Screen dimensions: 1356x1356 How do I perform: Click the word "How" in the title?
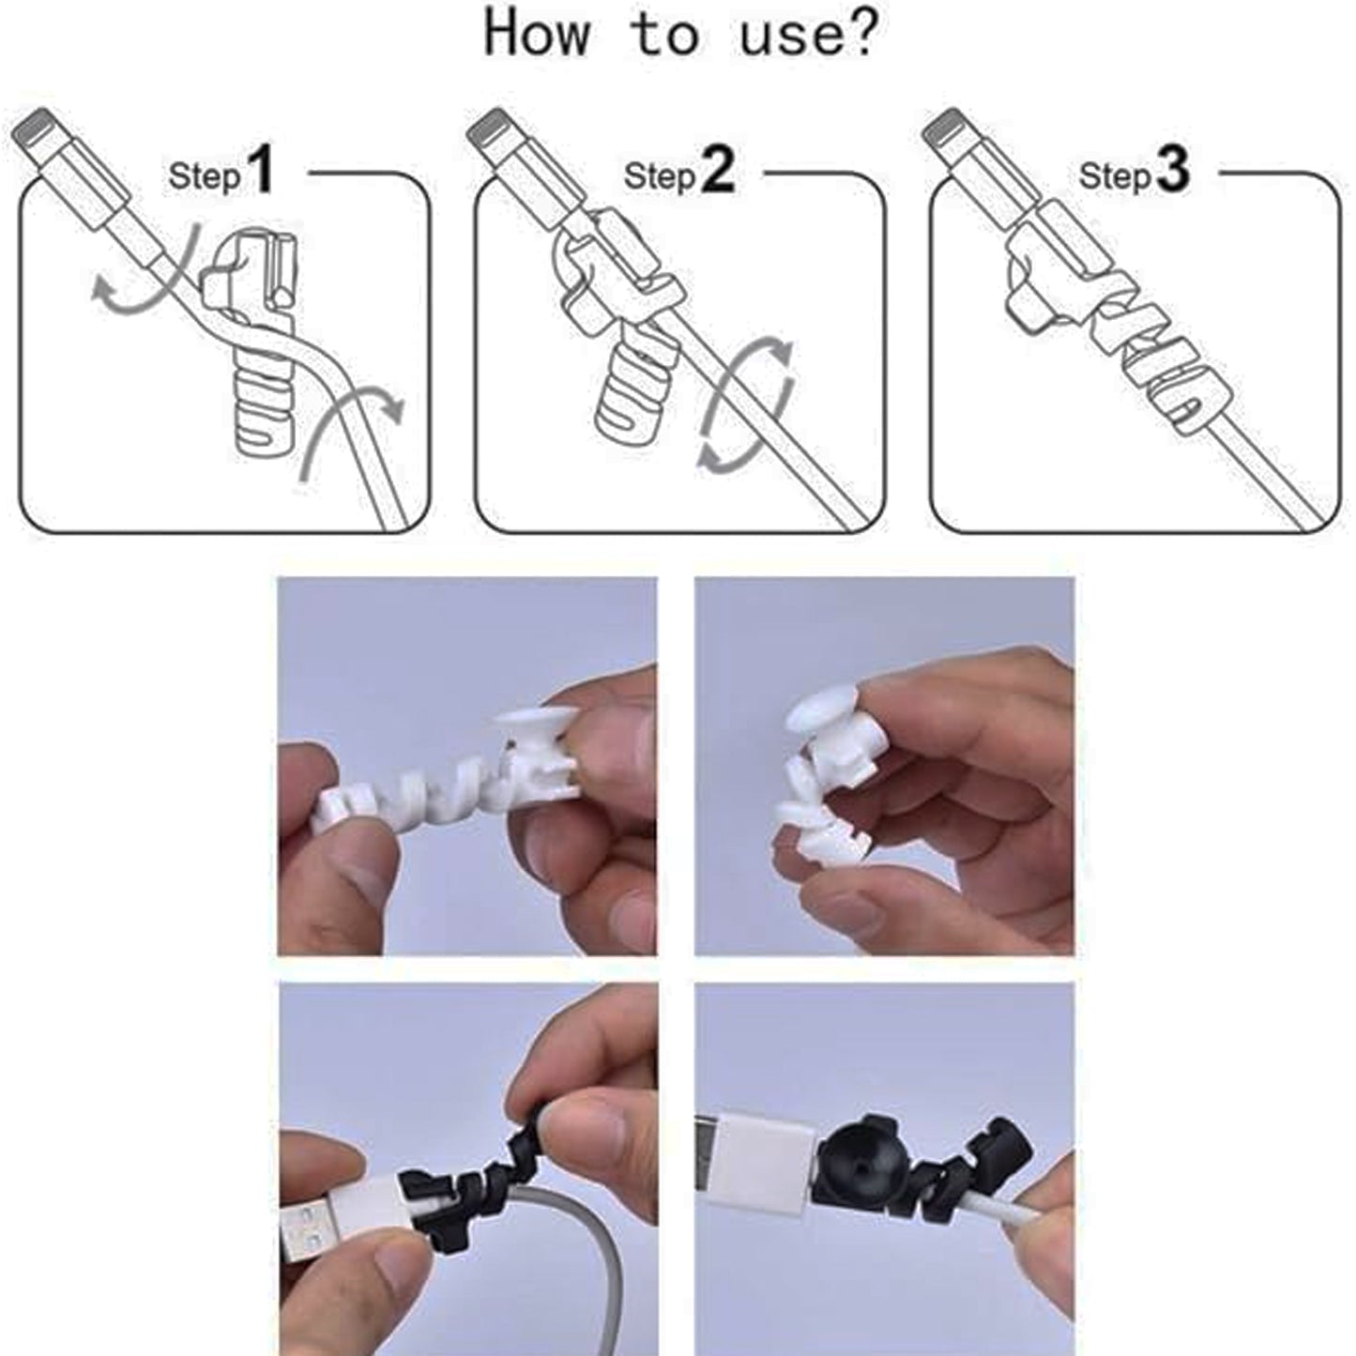coord(537,34)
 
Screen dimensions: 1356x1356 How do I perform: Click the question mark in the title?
coord(858,34)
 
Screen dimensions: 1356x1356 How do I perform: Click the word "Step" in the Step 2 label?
coord(660,175)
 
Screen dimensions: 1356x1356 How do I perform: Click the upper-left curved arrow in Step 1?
coord(141,272)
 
